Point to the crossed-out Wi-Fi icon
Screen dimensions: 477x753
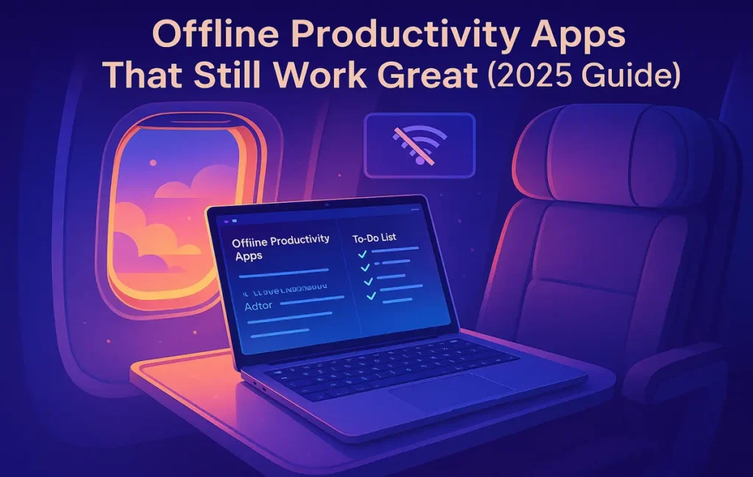pos(420,144)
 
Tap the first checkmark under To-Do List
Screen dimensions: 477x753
pos(361,254)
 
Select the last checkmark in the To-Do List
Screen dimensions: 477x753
pos(371,295)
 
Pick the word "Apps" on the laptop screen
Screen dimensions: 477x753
pos(249,257)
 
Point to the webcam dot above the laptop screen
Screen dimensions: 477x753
pos(326,201)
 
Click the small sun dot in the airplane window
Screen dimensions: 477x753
pos(152,162)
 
